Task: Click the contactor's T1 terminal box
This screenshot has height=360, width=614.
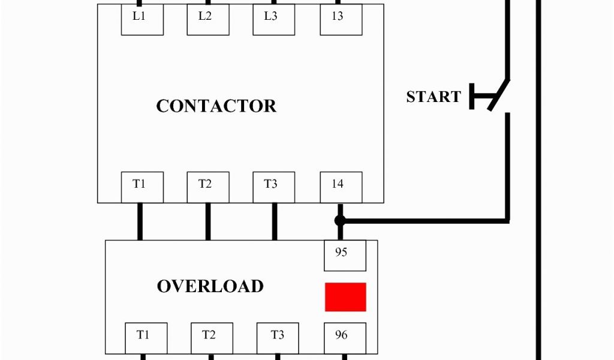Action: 143,187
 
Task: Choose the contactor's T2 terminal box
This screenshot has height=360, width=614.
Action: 208,187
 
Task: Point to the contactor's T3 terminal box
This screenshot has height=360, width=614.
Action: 274,187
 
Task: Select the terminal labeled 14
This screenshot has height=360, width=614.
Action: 341,187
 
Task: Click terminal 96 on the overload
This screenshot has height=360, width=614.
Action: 345,338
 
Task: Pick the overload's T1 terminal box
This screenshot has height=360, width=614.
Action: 146,338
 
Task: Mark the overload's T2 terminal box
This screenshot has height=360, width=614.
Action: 212,338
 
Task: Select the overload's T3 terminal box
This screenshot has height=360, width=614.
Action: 278,338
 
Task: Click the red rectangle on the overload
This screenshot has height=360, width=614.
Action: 345,297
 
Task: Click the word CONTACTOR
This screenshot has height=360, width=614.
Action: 216,106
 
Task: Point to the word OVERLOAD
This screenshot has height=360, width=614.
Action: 210,286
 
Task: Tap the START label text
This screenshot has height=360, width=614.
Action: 434,97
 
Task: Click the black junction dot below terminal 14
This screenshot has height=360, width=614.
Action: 340,221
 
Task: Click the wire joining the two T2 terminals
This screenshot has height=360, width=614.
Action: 208,221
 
